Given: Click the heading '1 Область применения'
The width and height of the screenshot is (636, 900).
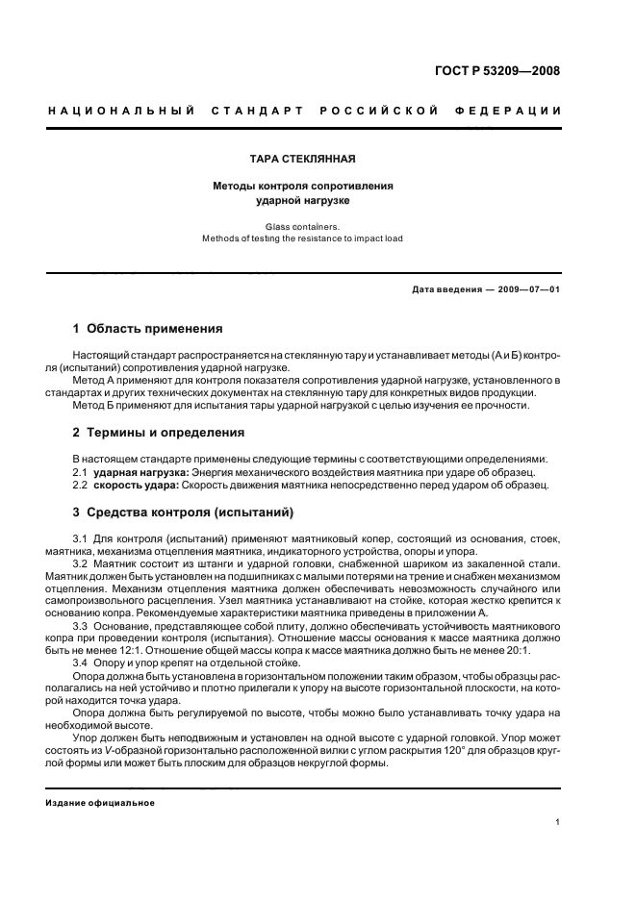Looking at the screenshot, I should point(148,328).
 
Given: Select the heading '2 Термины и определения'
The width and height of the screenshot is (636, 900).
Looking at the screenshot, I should point(159,433).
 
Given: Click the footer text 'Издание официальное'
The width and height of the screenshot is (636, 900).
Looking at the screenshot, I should point(100,803).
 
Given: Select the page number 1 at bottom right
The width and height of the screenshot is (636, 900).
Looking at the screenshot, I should point(558,822).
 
